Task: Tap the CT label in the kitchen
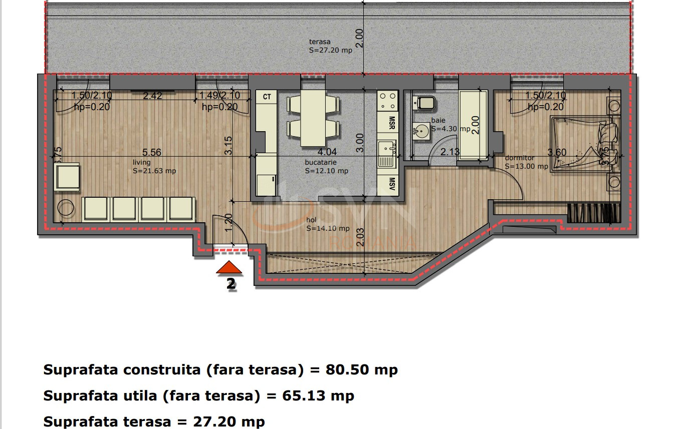coord(267,97)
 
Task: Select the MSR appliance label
coord(392,123)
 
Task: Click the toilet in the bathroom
coord(424,104)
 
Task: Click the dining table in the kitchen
coord(313,119)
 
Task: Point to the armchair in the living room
coord(67,177)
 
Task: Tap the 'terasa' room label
coord(320,42)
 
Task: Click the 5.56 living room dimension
coord(152,153)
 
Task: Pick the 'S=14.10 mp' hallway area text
coord(328,228)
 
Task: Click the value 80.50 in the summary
coord(348,370)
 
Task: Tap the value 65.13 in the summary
coord(305,396)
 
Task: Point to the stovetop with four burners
coord(387,101)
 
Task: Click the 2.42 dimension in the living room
coord(152,96)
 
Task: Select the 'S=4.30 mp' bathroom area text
coord(451,129)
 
